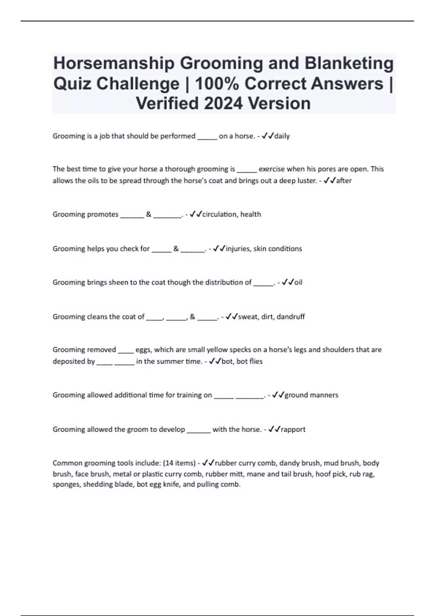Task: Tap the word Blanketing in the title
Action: (349, 63)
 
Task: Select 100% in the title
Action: (217, 83)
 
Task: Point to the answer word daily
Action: (282, 136)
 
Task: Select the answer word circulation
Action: (219, 214)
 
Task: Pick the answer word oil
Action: (298, 282)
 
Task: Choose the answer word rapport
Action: (293, 429)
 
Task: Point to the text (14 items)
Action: (179, 463)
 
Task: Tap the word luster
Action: (307, 180)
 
